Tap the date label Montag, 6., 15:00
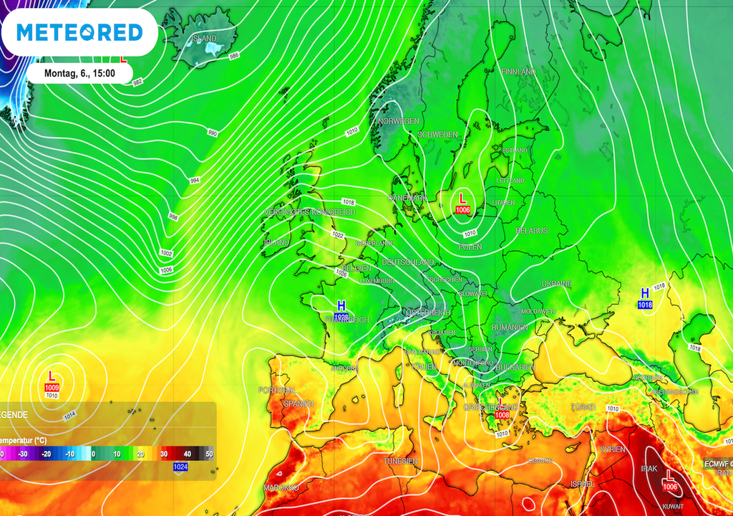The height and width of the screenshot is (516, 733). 79,73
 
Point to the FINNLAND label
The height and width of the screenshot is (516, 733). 518,72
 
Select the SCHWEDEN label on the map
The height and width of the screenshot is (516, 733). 437,135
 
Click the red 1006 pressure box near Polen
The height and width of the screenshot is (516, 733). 462,210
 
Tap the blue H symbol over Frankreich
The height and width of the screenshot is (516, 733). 341,306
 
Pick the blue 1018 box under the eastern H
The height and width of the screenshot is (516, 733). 645,305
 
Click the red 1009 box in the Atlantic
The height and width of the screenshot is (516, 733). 52,388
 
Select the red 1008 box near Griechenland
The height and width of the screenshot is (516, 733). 502,415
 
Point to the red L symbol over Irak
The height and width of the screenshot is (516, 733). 671,476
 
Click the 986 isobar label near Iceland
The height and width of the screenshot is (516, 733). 234,55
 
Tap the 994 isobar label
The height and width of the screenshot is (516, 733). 194,180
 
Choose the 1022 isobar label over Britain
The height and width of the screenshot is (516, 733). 338,236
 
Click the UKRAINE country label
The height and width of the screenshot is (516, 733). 557,284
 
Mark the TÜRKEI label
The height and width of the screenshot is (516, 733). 583,407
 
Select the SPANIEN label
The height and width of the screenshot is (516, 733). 298,403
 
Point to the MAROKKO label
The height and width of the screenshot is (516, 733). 281,487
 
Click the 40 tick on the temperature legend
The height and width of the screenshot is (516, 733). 187,454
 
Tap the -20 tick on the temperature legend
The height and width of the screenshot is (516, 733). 47,454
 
